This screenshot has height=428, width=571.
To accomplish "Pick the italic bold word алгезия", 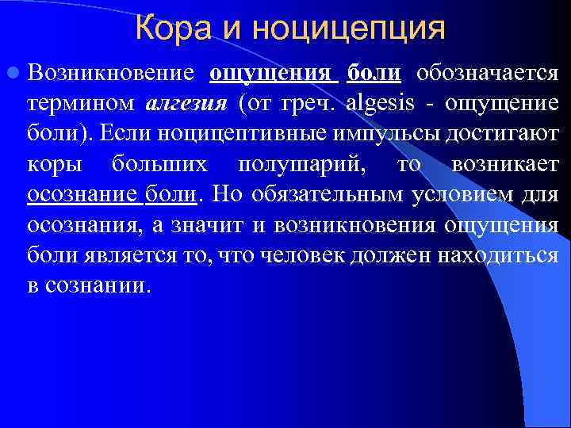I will [x=186, y=104].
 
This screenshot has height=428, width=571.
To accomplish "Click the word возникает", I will [x=504, y=163].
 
